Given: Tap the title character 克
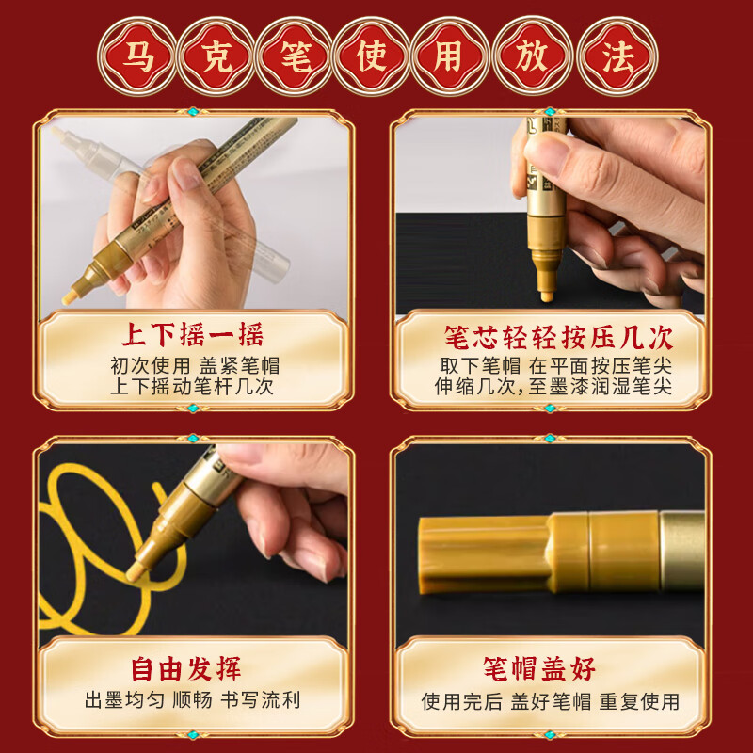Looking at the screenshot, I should pos(216,56).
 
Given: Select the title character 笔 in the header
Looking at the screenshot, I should pos(295,56).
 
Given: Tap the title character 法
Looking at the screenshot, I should pos(615,56).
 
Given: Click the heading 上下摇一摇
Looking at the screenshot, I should pos(192,336).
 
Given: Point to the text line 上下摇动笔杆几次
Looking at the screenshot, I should pos(192,387).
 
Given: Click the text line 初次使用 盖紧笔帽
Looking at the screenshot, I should pos(192,365).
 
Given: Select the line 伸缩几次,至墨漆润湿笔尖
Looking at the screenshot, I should pos(555,387).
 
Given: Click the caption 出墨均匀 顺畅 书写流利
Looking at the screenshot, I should pos(192,701).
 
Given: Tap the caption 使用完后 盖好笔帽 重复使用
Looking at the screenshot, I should pos(551,701).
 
